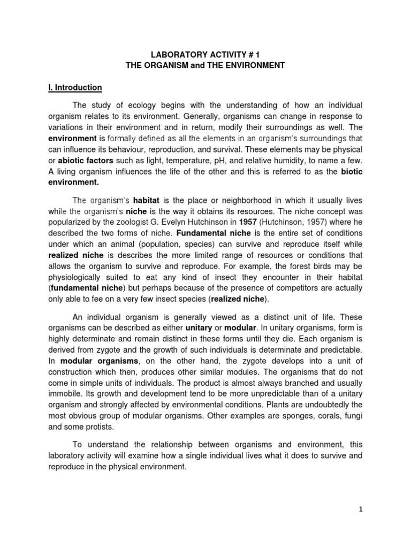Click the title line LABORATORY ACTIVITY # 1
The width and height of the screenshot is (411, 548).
(205, 54)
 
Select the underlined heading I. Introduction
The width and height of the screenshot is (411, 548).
(74, 87)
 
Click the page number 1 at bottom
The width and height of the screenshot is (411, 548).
(361, 509)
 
